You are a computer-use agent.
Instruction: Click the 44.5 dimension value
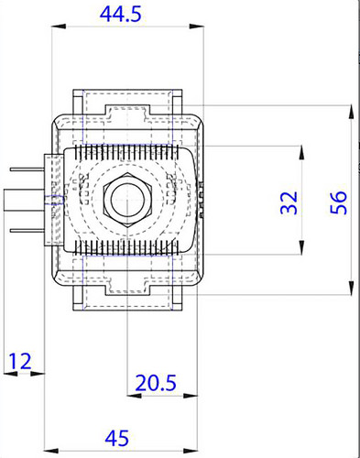pos(121,15)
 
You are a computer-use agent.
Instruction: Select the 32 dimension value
pos(289,202)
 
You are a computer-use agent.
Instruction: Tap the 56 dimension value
pos(339,202)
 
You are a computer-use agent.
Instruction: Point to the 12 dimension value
pos(20,361)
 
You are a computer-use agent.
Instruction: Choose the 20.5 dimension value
pos(156,383)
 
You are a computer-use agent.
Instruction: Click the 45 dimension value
pos(117,438)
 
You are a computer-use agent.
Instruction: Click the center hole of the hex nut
pos(126,200)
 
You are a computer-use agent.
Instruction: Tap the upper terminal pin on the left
pos(27,169)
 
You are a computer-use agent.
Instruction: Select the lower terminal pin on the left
pos(27,231)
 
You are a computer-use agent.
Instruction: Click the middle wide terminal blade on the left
pos(25,200)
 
